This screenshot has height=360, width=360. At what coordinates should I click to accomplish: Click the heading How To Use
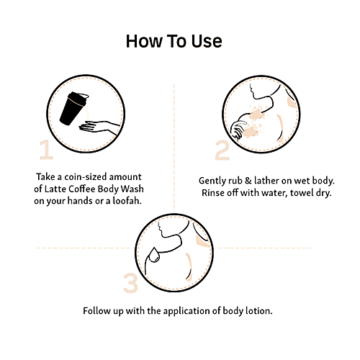coord(174,41)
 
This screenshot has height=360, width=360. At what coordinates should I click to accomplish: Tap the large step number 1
coord(46,150)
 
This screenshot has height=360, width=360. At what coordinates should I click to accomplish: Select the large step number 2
coord(222,150)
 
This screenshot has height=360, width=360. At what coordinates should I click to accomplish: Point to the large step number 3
coord(131,283)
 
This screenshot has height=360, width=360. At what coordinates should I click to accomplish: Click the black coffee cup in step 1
coord(73,109)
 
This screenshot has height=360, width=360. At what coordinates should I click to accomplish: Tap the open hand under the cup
coord(99,127)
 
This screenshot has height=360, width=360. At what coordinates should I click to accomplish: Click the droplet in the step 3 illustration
coord(153,255)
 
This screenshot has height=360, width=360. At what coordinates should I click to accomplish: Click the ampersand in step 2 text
coord(248,181)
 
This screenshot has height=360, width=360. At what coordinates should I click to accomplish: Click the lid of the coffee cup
coord(78,98)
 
